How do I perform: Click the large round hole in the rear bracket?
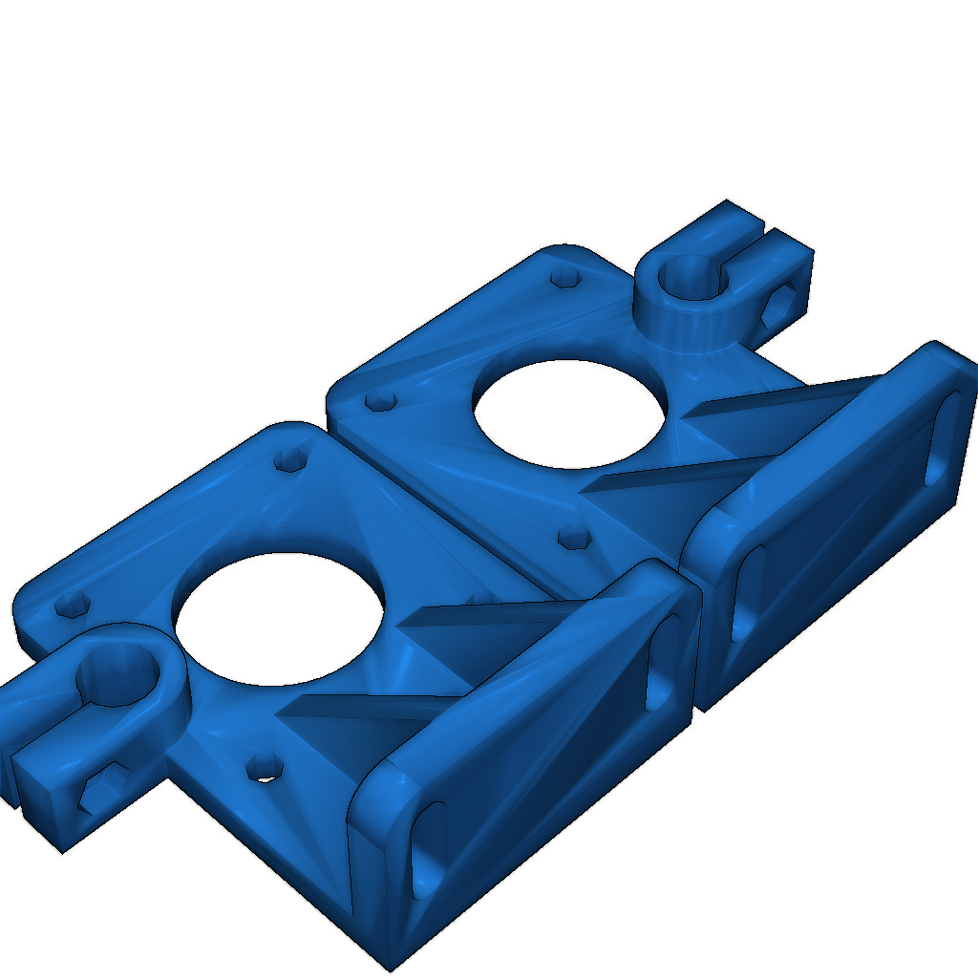coord(569,413)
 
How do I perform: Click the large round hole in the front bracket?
coord(279,619)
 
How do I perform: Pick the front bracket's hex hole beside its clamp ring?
coord(73,604)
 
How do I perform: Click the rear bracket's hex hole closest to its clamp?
coord(566,278)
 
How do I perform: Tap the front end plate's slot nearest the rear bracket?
coord(662,663)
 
